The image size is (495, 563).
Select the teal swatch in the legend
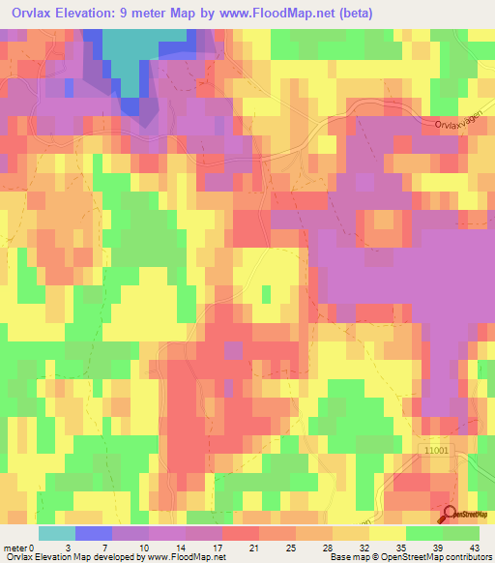[x=56, y=533]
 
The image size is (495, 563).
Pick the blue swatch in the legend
[x=93, y=533]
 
